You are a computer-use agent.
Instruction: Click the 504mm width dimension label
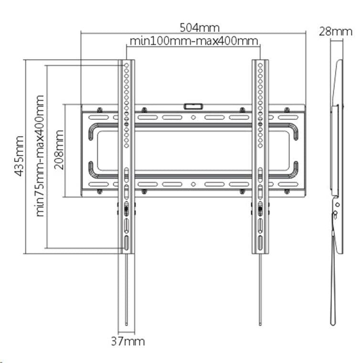(x=200, y=28)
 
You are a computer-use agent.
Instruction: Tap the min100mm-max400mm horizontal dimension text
(x=194, y=41)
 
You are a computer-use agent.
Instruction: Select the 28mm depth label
(x=335, y=32)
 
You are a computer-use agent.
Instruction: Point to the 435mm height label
(x=19, y=156)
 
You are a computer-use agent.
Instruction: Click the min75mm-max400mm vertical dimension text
(x=40, y=156)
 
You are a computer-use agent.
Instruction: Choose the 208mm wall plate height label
(x=59, y=150)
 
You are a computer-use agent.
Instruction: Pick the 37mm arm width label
(x=128, y=341)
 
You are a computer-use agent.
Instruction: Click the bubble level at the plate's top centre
(x=193, y=106)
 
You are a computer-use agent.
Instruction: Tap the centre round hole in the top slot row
(x=193, y=117)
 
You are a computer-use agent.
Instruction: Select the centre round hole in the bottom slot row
(x=193, y=184)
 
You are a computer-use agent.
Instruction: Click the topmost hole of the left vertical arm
(x=127, y=65)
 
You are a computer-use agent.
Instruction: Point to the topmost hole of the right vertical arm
(x=260, y=65)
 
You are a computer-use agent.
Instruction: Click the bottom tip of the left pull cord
(x=127, y=325)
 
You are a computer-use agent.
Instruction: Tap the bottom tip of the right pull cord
(x=260, y=325)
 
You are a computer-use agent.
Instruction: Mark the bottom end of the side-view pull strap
(x=333, y=325)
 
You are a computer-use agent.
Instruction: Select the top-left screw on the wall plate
(x=99, y=110)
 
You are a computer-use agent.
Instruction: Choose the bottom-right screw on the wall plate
(x=287, y=191)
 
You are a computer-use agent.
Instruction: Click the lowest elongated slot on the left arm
(x=127, y=243)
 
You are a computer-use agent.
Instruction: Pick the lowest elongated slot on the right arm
(x=260, y=243)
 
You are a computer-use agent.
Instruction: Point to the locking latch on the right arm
(x=260, y=208)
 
